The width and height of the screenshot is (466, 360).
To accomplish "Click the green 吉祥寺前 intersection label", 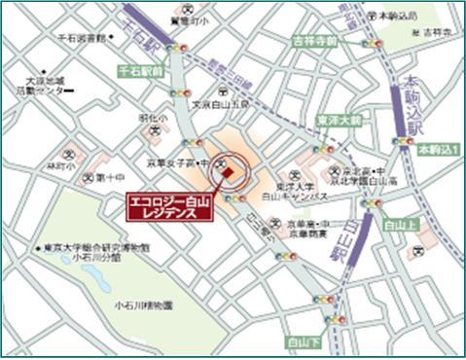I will (314, 42).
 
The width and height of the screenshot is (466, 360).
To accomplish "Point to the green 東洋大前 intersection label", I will (338, 121).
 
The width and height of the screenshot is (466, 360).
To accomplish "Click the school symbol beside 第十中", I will (88, 178).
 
